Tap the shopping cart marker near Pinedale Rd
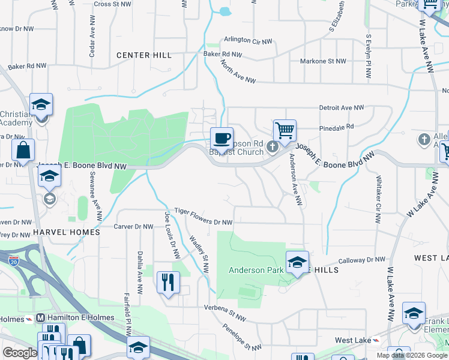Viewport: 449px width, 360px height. (x=285, y=130)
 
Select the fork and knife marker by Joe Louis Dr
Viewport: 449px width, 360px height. (x=168, y=281)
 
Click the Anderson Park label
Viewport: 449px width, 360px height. (x=255, y=271)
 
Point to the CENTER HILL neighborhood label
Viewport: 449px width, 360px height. (x=144, y=55)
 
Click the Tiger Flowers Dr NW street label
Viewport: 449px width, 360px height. (x=203, y=217)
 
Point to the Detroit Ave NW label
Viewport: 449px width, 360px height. (x=342, y=108)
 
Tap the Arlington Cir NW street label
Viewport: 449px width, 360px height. (x=248, y=40)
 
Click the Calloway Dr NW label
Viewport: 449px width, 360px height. (x=361, y=260)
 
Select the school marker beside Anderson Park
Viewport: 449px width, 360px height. (x=297, y=262)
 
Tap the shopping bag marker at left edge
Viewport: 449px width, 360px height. (x=23, y=150)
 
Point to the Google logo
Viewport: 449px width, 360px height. (x=20, y=353)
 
